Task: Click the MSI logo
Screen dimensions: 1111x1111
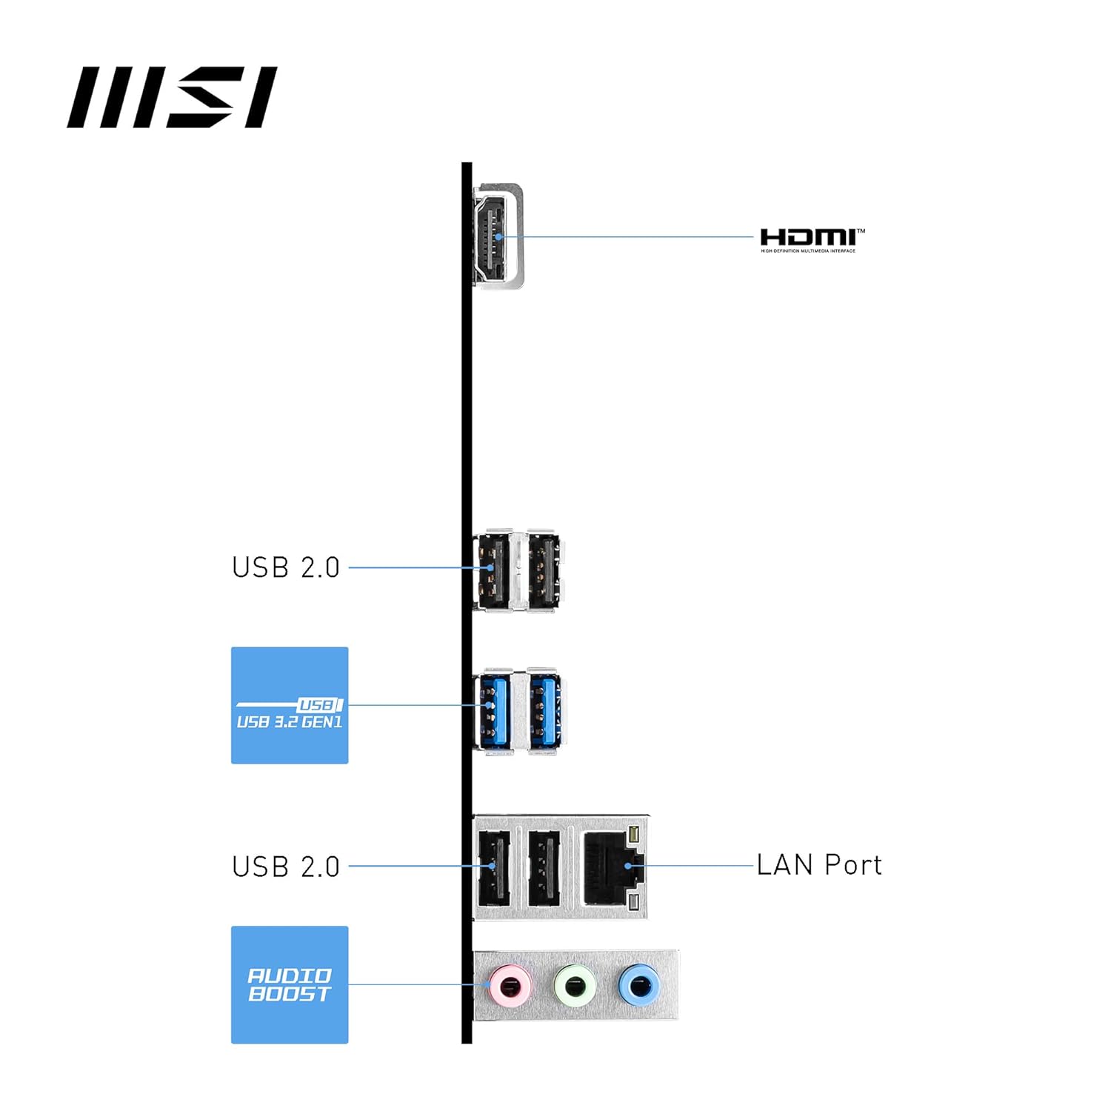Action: tap(172, 97)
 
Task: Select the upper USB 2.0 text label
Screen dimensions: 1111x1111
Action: tap(286, 567)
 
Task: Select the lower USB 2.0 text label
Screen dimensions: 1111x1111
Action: tap(286, 866)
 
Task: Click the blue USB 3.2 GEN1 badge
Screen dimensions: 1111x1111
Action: tap(290, 705)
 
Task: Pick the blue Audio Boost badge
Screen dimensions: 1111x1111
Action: tap(290, 984)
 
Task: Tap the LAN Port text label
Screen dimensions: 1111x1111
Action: tap(819, 864)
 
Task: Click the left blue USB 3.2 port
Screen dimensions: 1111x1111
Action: tap(493, 711)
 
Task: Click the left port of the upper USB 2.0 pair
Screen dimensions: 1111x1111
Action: tap(493, 570)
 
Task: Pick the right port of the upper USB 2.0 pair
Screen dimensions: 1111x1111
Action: tap(543, 570)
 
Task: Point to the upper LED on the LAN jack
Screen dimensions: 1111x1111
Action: tap(633, 835)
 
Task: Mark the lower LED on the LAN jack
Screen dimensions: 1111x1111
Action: tap(633, 902)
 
